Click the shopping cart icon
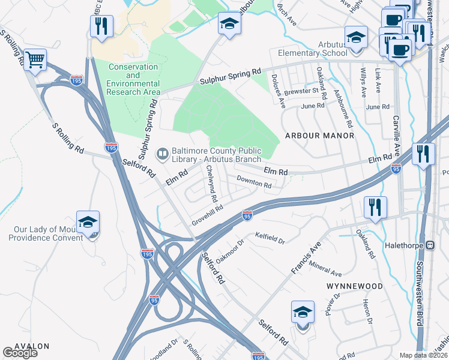click(x=35, y=59)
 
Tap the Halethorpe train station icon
click(x=430, y=245)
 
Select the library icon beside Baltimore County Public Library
click(x=161, y=154)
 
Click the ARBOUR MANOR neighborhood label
click(x=319, y=136)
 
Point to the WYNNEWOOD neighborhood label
click(x=354, y=286)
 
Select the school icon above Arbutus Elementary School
click(x=356, y=37)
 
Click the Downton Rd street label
click(x=254, y=182)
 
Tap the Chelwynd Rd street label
click(x=211, y=179)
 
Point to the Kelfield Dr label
click(x=270, y=238)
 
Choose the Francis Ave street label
click(x=307, y=259)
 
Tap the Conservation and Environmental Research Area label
click(x=133, y=80)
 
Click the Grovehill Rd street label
click(x=208, y=213)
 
